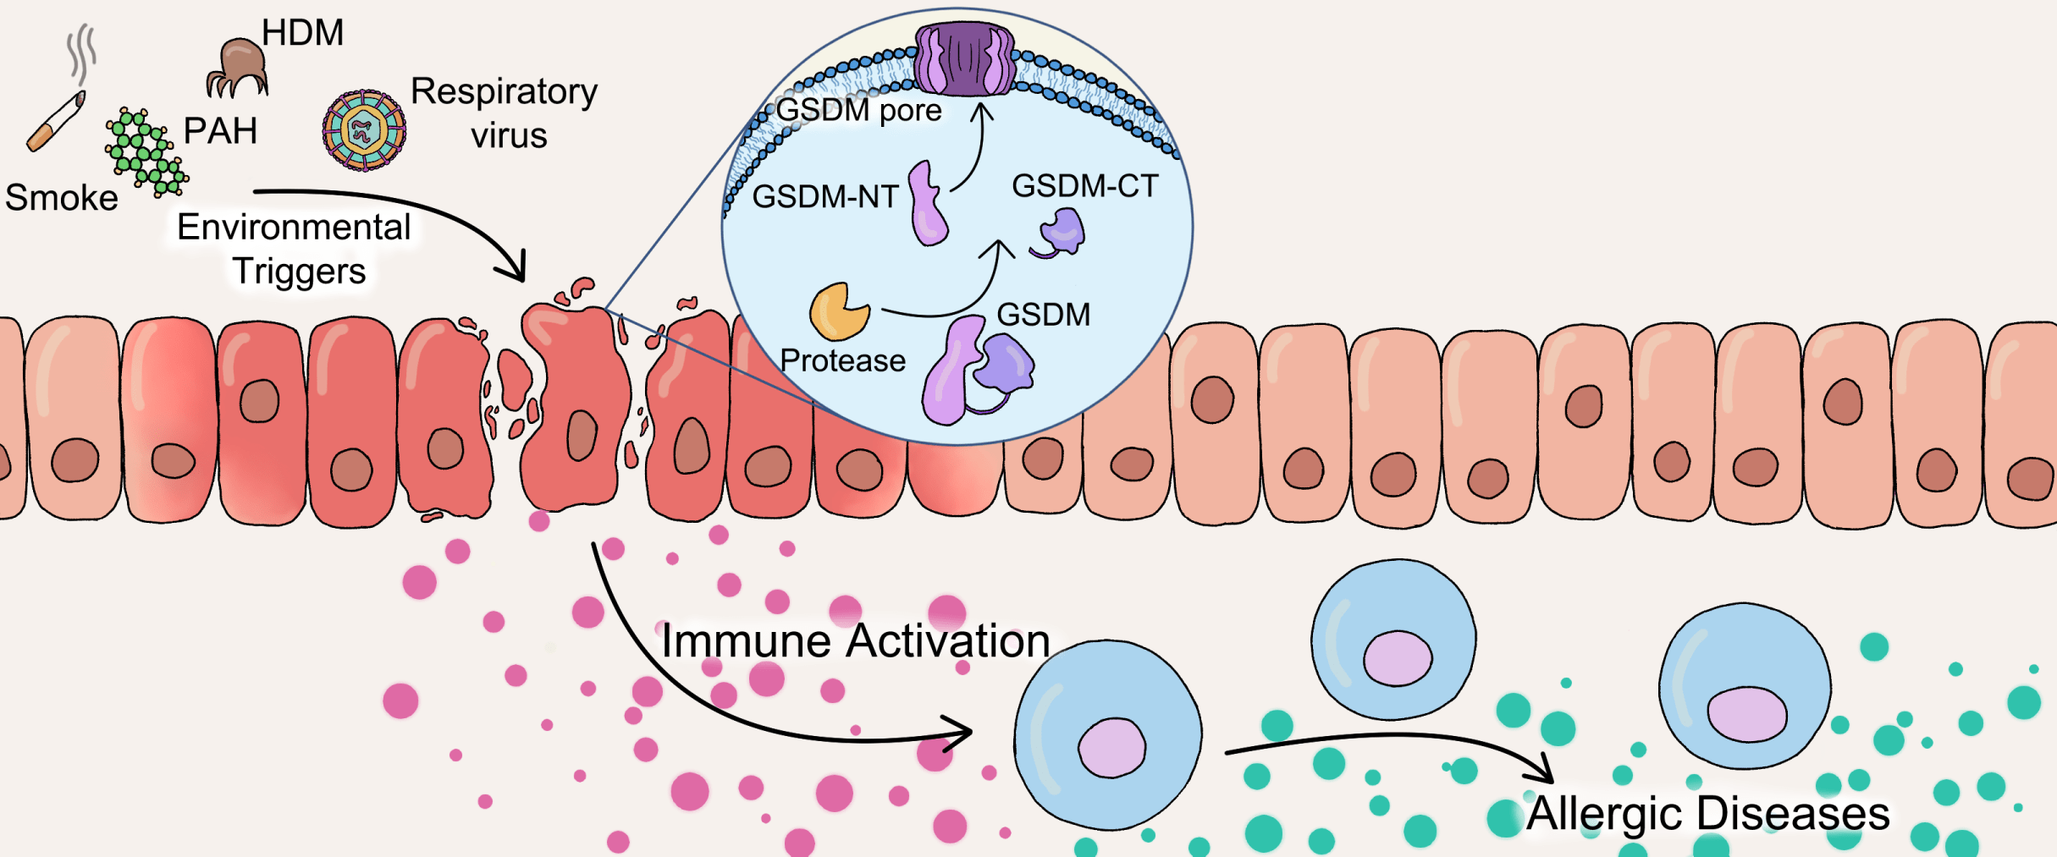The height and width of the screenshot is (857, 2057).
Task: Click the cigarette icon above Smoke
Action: click(56, 124)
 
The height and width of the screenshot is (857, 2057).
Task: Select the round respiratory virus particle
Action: click(364, 131)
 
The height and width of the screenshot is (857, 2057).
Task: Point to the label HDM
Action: click(302, 33)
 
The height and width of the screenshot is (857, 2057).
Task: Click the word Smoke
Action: click(62, 198)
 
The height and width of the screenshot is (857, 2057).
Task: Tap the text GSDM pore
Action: click(858, 110)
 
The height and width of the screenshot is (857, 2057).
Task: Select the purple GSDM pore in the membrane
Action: click(964, 59)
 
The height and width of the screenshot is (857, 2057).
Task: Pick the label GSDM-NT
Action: click(825, 196)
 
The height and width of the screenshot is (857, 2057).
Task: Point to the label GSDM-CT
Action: click(1084, 186)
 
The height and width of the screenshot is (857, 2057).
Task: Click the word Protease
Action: click(842, 360)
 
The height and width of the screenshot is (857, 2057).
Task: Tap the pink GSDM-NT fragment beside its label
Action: click(928, 205)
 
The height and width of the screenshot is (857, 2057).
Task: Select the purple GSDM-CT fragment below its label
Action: click(1060, 233)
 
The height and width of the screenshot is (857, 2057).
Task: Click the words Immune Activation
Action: click(855, 640)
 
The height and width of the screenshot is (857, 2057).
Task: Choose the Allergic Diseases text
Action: click(1708, 814)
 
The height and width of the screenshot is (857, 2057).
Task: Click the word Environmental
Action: click(294, 227)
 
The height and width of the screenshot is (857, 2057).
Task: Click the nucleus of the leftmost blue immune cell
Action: click(1111, 748)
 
